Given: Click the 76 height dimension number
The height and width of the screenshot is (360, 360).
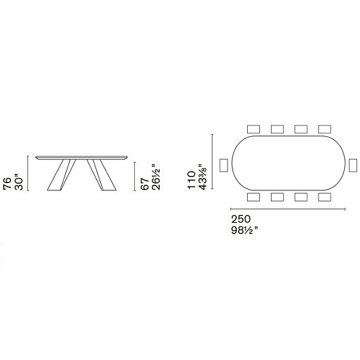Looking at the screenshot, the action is (x=7, y=183).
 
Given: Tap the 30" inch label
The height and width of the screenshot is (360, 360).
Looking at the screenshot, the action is (x=19, y=183).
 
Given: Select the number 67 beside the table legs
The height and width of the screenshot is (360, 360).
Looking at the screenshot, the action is (x=145, y=184).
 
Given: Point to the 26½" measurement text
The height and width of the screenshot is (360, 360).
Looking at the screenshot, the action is (x=156, y=177).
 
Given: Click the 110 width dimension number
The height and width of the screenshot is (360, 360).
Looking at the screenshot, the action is (x=192, y=180).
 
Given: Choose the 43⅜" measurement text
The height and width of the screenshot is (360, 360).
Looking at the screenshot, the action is (x=203, y=177).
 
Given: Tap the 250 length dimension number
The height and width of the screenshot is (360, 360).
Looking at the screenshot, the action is (x=241, y=219).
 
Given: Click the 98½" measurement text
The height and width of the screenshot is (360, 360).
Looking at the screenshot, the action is (x=245, y=230).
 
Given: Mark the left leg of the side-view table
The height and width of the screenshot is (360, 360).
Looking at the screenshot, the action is (x=61, y=175).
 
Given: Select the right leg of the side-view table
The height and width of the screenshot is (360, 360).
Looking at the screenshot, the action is (x=101, y=175).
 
